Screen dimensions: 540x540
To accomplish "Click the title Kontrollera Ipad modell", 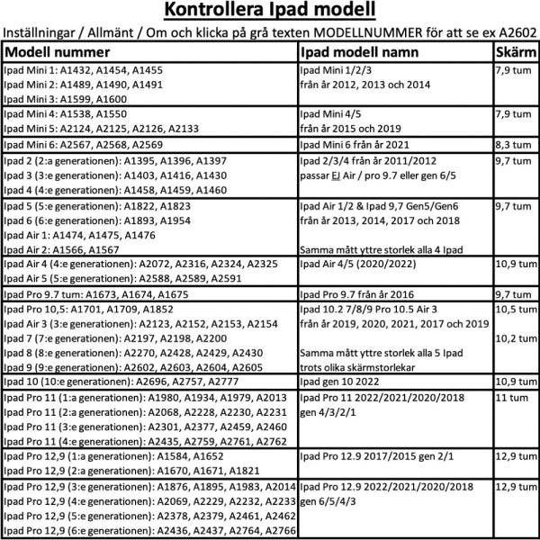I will pos(270,12).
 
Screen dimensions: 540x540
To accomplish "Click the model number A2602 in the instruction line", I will pos(516,33).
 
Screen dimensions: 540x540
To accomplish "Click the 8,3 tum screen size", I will pos(514,144).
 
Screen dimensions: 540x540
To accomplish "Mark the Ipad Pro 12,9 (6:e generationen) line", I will pos(149,532).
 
